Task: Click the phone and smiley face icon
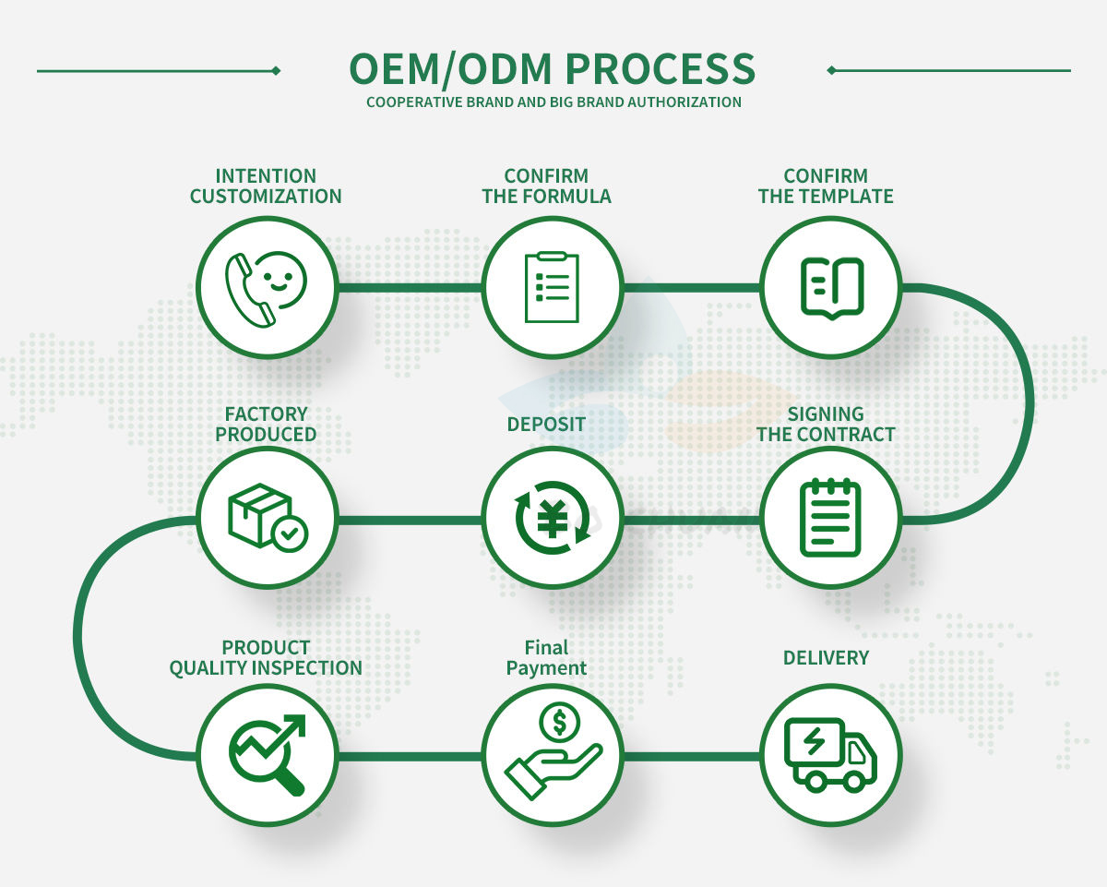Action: click(267, 288)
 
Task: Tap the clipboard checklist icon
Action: click(552, 288)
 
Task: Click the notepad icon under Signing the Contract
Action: click(830, 518)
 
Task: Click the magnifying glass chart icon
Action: click(267, 754)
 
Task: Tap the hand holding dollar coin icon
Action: click(552, 754)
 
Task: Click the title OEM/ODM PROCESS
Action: click(553, 70)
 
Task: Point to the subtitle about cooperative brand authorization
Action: click(553, 102)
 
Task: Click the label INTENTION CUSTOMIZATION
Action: click(266, 186)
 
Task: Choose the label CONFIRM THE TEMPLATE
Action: click(826, 186)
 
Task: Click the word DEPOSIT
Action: click(546, 424)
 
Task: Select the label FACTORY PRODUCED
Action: click(266, 424)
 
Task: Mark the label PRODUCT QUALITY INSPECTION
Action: click(266, 657)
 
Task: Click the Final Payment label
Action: click(546, 657)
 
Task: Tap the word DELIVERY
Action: click(826, 657)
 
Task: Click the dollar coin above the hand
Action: click(559, 721)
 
